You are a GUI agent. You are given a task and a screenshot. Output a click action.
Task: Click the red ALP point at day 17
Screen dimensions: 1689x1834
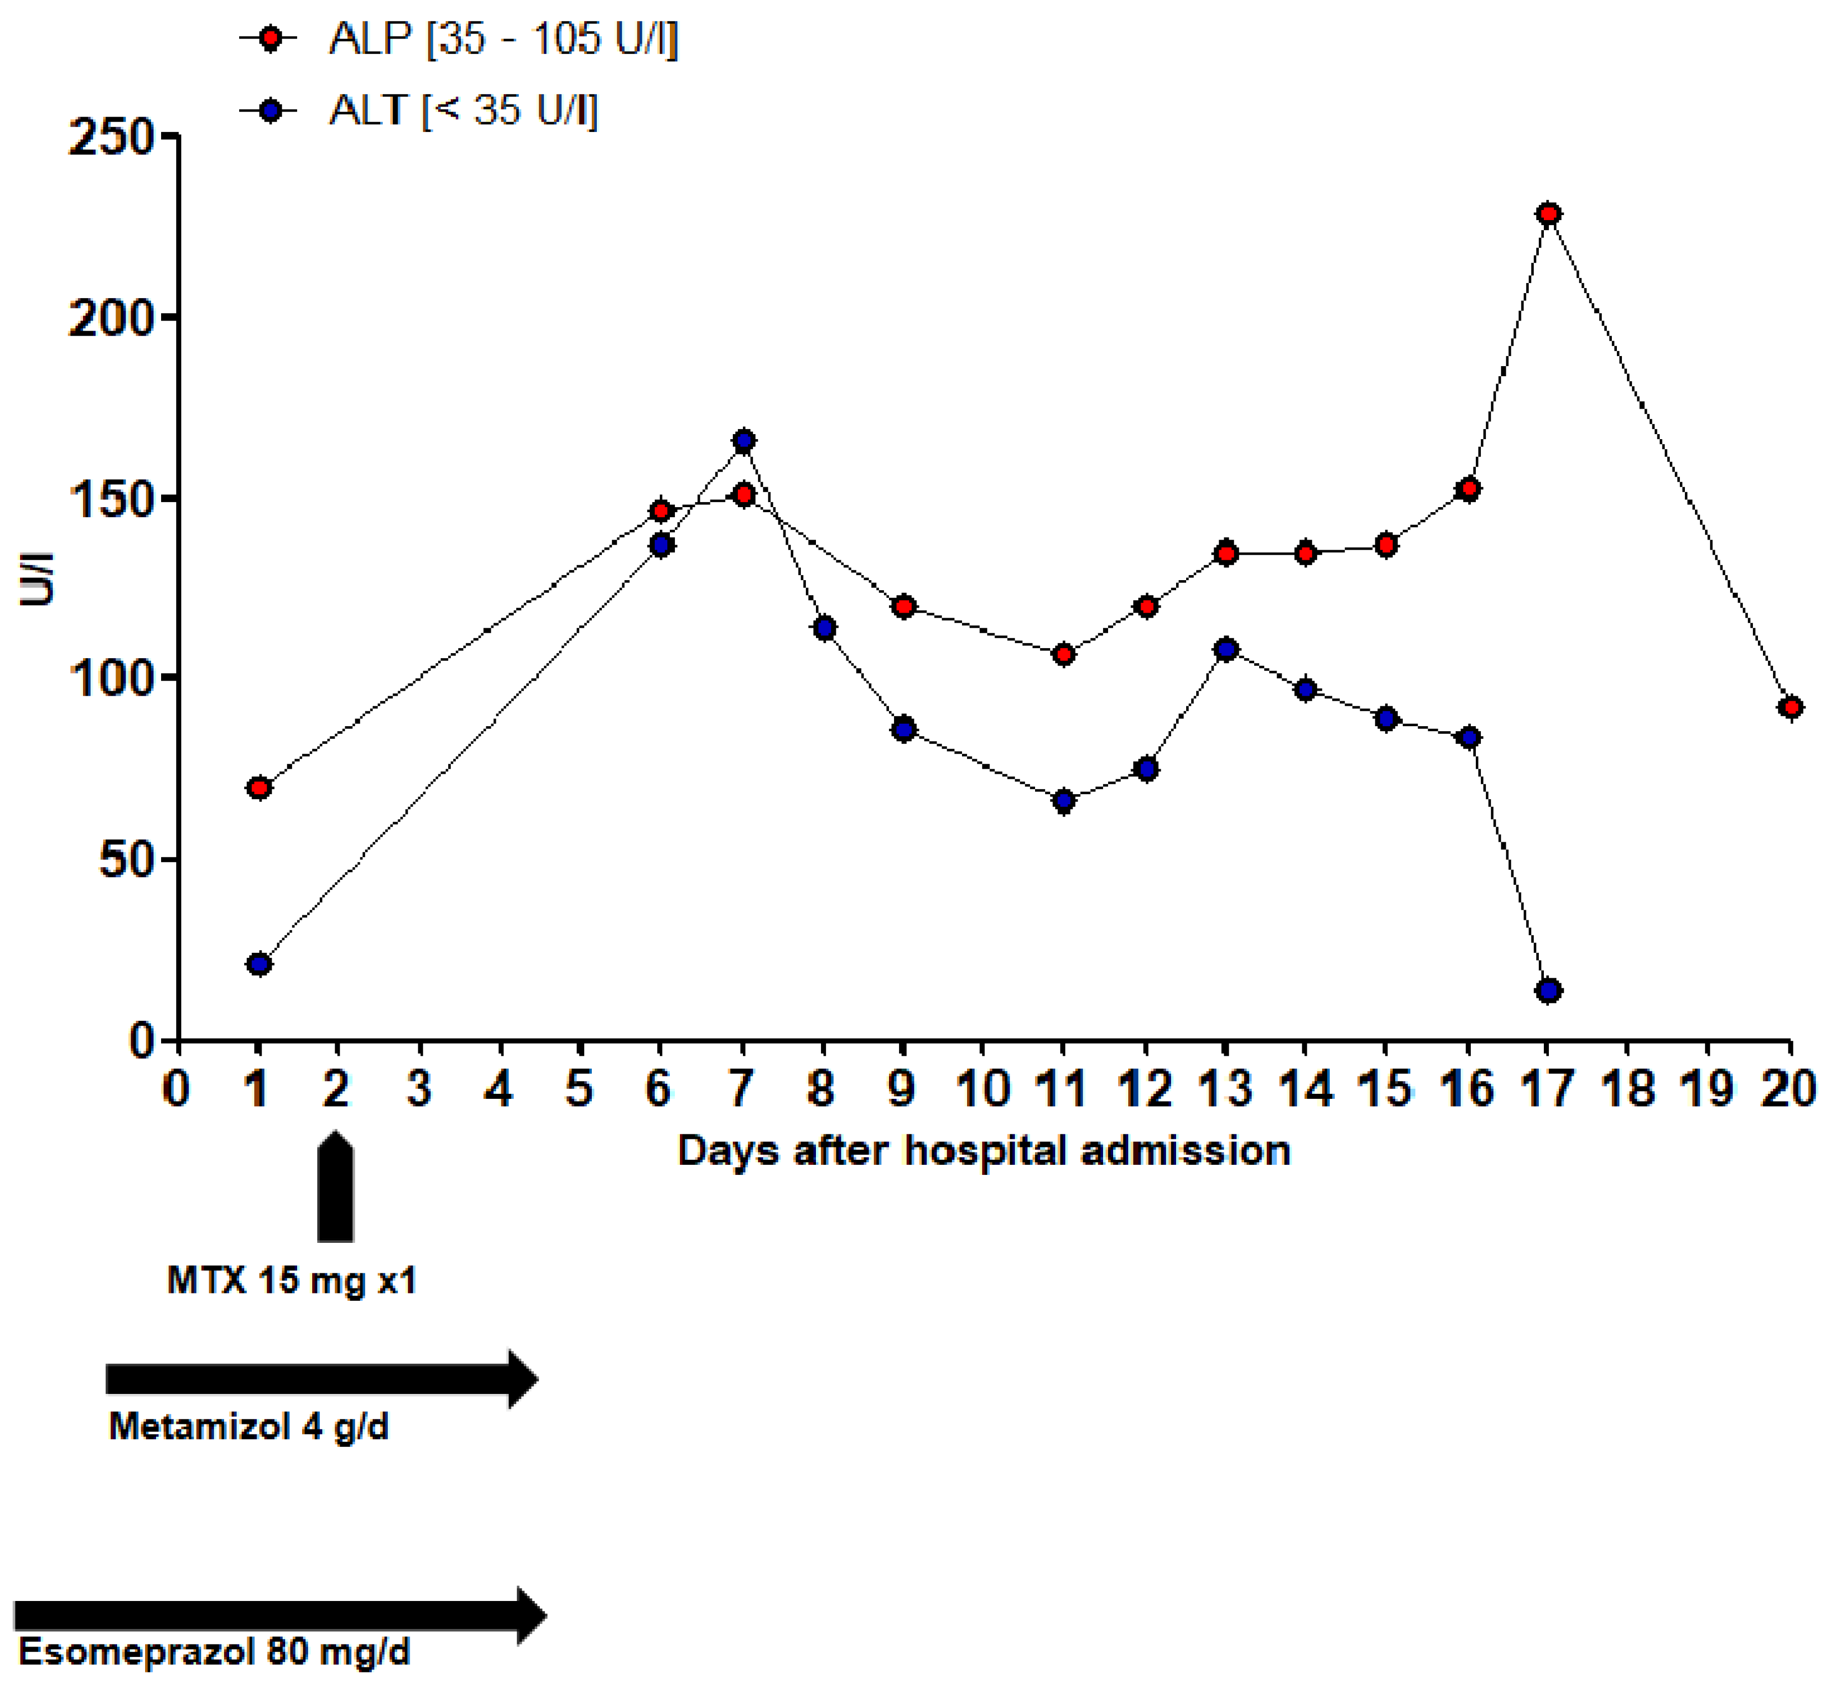pos(1548,214)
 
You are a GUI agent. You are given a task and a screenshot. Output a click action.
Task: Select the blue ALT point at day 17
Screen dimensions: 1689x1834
pos(1548,991)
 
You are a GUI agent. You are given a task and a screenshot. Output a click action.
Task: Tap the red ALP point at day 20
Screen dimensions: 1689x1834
pos(1790,707)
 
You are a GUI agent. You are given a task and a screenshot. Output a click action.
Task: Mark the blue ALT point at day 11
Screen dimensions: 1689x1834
pos(1063,802)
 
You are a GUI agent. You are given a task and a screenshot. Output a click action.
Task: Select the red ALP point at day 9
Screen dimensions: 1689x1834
pos(903,607)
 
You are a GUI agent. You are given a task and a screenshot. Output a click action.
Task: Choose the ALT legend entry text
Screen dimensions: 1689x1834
pos(463,111)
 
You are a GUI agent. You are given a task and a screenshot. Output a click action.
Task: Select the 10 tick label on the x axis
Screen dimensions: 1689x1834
pos(982,1089)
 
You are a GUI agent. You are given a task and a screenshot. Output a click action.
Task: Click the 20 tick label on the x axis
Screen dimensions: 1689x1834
pos(1788,1089)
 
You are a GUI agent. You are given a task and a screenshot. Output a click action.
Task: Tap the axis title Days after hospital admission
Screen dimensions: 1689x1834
pos(983,1151)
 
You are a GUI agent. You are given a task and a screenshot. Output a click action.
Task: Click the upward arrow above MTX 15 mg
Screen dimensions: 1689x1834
pos(336,1188)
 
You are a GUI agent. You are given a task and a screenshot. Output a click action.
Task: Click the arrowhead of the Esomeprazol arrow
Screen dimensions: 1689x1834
pos(530,1616)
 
